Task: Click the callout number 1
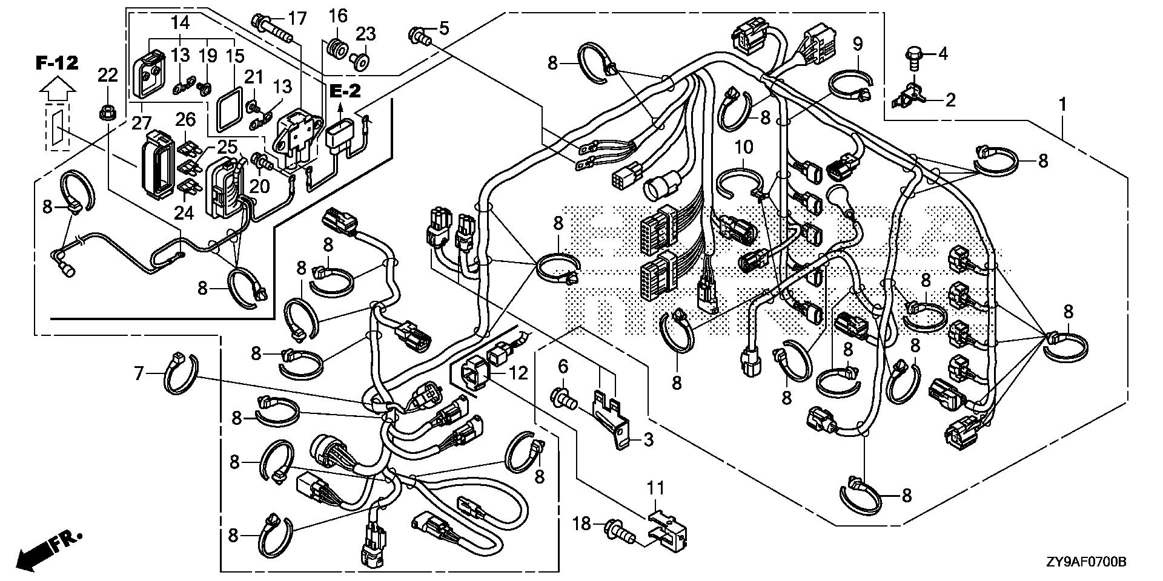[1062, 105]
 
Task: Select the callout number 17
[297, 18]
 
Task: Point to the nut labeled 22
[107, 112]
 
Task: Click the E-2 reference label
[345, 91]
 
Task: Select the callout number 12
[519, 373]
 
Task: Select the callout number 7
[139, 375]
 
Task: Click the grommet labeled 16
[337, 46]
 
